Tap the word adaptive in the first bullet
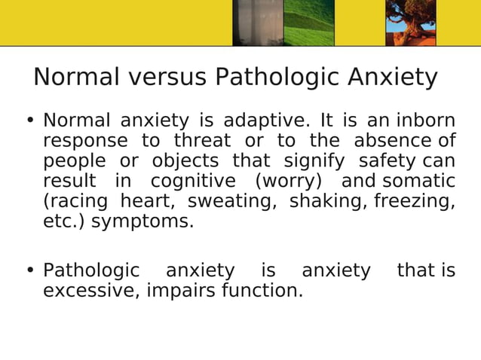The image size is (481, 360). point(266,121)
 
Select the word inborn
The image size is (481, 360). point(426,121)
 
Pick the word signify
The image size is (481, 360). point(314,161)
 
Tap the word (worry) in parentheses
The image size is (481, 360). point(289,182)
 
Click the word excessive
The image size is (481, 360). point(87,290)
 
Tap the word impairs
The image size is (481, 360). point(179,290)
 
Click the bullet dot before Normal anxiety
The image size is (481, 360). point(30,121)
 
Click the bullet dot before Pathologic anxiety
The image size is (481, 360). point(30,270)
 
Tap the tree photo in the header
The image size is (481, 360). point(411,23)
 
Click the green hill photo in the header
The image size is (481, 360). point(308,23)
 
